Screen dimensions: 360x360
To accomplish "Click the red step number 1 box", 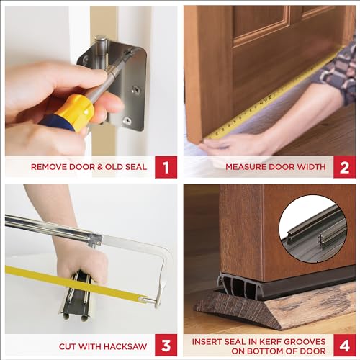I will tap(166, 167).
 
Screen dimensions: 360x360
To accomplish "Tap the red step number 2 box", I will tap(344, 167).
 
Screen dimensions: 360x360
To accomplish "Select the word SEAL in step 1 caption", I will tap(135, 167).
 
